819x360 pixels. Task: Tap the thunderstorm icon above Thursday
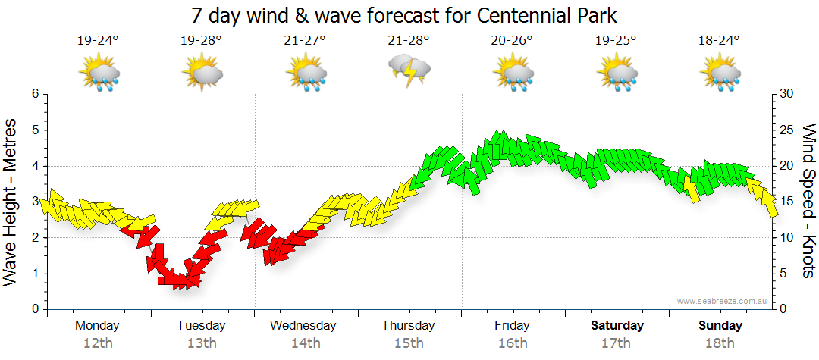coord(409,70)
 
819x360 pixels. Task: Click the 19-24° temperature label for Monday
coord(98,41)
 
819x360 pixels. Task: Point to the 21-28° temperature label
coord(409,41)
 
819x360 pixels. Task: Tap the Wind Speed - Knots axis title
coord(808,201)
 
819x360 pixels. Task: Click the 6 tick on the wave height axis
coord(35,94)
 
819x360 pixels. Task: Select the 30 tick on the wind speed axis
coord(786,94)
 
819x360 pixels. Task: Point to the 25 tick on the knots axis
coord(786,130)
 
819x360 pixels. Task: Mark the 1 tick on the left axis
coord(35,274)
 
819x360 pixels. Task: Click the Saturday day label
coord(617,326)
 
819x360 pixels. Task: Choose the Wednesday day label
coord(303,326)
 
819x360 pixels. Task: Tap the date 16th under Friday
coord(513,343)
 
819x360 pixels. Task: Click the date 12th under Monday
coord(98,343)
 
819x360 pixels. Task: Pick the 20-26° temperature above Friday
coord(513,41)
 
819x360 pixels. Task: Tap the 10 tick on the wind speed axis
coord(786,238)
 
